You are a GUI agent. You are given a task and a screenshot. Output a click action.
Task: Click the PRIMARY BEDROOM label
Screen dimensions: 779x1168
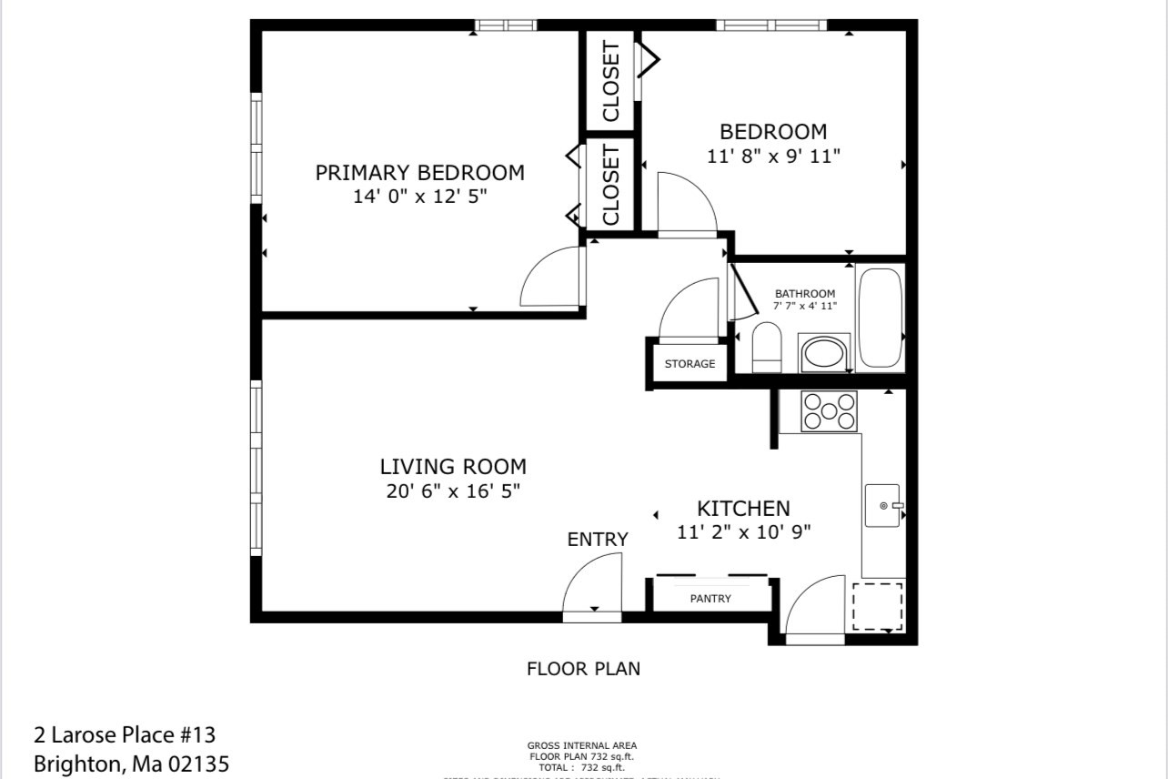[419, 172]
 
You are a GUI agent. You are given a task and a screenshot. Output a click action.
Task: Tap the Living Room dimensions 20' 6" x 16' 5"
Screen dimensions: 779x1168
[452, 491]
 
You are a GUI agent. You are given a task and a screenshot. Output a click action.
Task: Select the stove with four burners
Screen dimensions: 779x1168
[828, 410]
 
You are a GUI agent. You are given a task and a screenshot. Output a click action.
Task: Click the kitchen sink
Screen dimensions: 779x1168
[881, 505]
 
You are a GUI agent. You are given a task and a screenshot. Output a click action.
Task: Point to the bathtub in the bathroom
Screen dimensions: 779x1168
[880, 318]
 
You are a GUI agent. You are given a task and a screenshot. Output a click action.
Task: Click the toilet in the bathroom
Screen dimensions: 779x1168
[767, 348]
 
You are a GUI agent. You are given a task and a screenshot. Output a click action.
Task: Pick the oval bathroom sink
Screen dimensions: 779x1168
[824, 353]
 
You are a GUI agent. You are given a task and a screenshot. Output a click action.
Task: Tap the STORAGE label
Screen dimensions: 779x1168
[690, 364]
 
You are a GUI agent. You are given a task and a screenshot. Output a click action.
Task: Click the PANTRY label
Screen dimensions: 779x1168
[710, 598]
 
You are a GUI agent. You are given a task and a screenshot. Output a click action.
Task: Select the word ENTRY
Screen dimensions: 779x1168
[598, 540]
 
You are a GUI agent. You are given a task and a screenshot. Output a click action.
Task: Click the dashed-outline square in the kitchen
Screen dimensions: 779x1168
[877, 607]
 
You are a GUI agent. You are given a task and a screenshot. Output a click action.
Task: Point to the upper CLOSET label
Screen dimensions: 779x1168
[610, 82]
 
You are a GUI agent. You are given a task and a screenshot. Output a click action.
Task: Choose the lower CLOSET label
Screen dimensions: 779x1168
[610, 186]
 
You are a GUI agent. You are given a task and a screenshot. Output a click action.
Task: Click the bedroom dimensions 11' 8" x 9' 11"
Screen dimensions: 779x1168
[773, 156]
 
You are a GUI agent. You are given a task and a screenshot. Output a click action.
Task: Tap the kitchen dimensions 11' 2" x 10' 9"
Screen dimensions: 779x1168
[743, 532]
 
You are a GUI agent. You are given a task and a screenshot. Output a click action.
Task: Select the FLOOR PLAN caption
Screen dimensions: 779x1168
[583, 669]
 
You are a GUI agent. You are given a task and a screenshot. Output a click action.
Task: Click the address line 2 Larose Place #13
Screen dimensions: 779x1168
[125, 734]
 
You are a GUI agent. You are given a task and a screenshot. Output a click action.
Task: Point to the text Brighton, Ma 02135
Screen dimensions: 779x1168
[131, 764]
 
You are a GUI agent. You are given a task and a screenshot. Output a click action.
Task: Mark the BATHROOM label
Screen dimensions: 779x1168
[804, 294]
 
